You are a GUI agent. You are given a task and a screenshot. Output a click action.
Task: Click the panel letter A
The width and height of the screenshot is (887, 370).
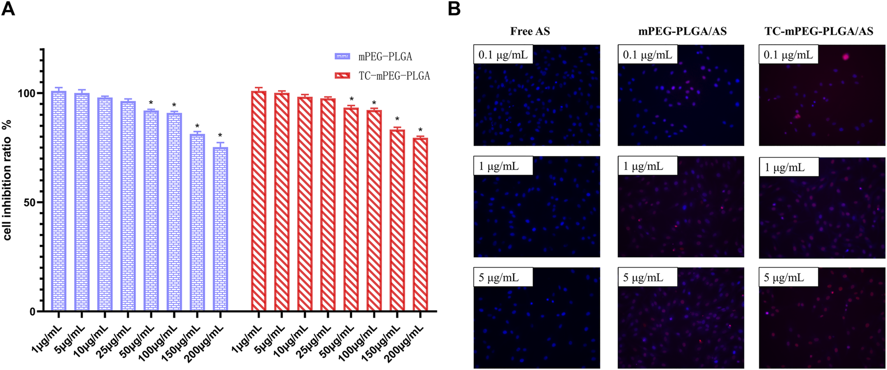click(8, 9)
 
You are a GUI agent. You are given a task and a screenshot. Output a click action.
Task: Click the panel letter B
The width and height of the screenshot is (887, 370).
click(454, 9)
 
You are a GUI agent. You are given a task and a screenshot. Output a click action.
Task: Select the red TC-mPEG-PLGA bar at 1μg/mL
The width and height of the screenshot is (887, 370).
click(258, 201)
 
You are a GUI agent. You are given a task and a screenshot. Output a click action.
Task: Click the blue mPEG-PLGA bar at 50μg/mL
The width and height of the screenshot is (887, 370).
click(151, 211)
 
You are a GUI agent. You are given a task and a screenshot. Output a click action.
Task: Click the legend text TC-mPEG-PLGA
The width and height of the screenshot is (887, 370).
click(394, 76)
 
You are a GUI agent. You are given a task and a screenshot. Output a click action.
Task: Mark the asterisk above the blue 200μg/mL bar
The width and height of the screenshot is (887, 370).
click(220, 136)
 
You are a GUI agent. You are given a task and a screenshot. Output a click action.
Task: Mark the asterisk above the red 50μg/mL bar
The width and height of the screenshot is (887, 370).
click(351, 100)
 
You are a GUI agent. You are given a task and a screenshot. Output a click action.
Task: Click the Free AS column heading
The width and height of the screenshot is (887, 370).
click(530, 32)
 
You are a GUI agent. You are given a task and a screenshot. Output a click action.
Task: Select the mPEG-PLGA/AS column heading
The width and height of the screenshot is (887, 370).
click(682, 32)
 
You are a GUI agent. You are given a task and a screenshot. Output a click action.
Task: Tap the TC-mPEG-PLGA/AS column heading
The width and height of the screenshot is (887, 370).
click(819, 32)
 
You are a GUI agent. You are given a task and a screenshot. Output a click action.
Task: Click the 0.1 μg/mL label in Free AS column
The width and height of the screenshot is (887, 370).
click(503, 54)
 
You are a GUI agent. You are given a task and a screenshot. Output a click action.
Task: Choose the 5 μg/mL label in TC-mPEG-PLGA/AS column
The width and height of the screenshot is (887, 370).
click(784, 277)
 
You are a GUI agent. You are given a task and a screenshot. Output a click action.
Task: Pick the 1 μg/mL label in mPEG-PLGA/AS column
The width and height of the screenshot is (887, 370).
click(643, 166)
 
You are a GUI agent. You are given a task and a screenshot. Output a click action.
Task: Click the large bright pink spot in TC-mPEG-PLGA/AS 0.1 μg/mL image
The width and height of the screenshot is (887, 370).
click(846, 57)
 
